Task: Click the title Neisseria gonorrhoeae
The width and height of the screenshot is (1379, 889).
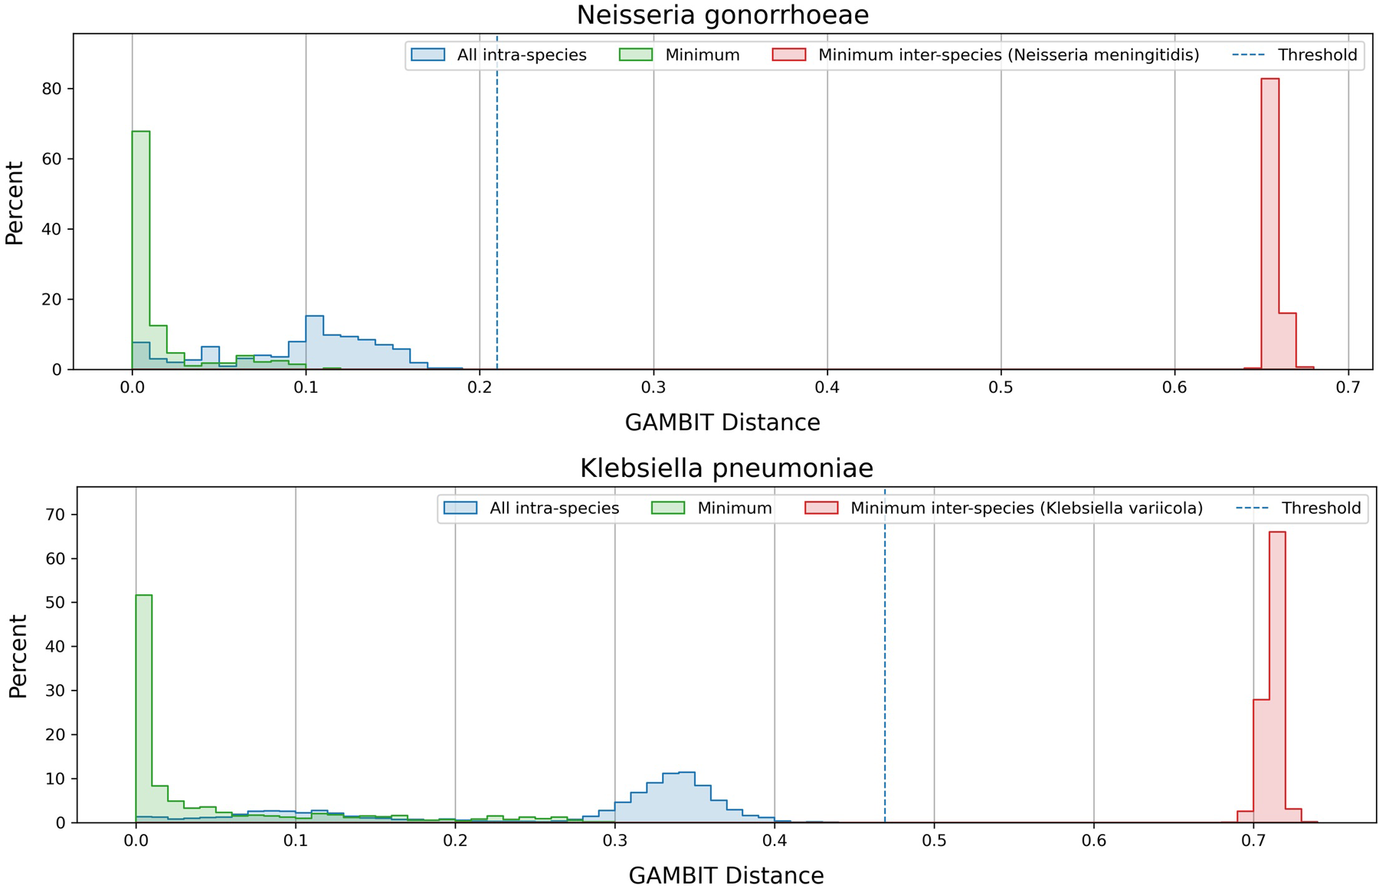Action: tap(722, 15)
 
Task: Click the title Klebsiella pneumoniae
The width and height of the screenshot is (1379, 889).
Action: tap(726, 468)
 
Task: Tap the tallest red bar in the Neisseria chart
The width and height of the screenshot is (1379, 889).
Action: tap(1269, 222)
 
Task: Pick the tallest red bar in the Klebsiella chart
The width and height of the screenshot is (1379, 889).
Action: tap(1277, 674)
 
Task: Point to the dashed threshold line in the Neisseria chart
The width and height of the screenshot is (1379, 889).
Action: tap(497, 230)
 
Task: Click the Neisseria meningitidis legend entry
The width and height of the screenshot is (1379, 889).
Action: tap(1008, 55)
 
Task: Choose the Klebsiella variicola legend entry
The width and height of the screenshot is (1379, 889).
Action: tap(1026, 508)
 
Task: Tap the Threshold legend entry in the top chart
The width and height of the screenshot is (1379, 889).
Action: tap(1317, 55)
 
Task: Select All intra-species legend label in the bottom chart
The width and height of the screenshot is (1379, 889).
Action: tap(554, 508)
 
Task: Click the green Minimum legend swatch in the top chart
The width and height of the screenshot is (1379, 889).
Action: tap(635, 55)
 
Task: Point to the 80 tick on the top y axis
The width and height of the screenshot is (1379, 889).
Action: tap(52, 89)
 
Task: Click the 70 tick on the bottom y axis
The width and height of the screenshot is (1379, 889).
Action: tap(56, 515)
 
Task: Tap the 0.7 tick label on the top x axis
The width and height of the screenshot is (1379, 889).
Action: tap(1348, 387)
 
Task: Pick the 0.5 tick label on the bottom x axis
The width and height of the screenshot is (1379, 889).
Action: tap(934, 841)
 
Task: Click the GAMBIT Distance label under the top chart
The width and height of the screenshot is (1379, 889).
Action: tap(722, 423)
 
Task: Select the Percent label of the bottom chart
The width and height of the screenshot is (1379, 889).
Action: tap(18, 655)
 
